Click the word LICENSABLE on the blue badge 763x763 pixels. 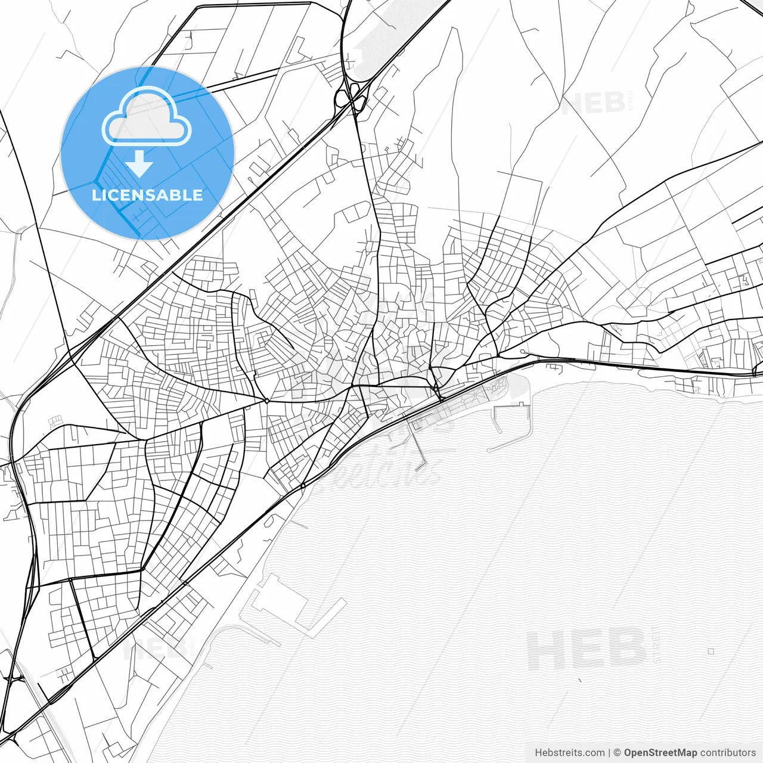point(147,195)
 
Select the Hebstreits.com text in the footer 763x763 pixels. point(569,753)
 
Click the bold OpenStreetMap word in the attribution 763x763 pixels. point(660,753)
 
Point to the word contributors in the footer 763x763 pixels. point(728,753)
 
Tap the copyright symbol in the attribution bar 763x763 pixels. point(618,753)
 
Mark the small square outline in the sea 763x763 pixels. point(711,652)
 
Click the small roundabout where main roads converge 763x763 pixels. point(266,401)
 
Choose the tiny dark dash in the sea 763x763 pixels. point(579,679)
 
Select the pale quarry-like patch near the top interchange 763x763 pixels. point(381,36)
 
